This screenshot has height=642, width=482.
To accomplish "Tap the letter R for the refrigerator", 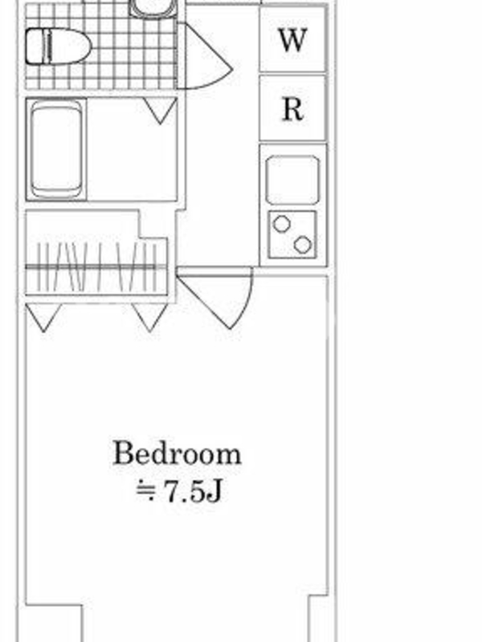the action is pyautogui.click(x=293, y=109).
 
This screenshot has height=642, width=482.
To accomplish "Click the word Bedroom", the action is pyautogui.click(x=177, y=453).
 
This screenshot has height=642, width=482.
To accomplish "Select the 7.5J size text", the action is pyautogui.click(x=193, y=490).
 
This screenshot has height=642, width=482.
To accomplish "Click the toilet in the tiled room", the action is pyautogui.click(x=58, y=47).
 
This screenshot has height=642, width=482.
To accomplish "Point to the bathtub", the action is pyautogui.click(x=56, y=149).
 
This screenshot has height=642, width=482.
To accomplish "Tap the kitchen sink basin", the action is pyautogui.click(x=292, y=180).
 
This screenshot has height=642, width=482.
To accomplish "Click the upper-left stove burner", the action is pyautogui.click(x=282, y=224).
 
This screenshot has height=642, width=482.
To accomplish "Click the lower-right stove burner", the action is pyautogui.click(x=303, y=245).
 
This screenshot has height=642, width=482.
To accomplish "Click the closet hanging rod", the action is pyautogui.click(x=96, y=267).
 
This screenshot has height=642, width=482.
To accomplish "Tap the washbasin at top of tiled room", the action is pyautogui.click(x=153, y=8).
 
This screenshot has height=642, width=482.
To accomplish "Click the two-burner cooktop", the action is pyautogui.click(x=292, y=234).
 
